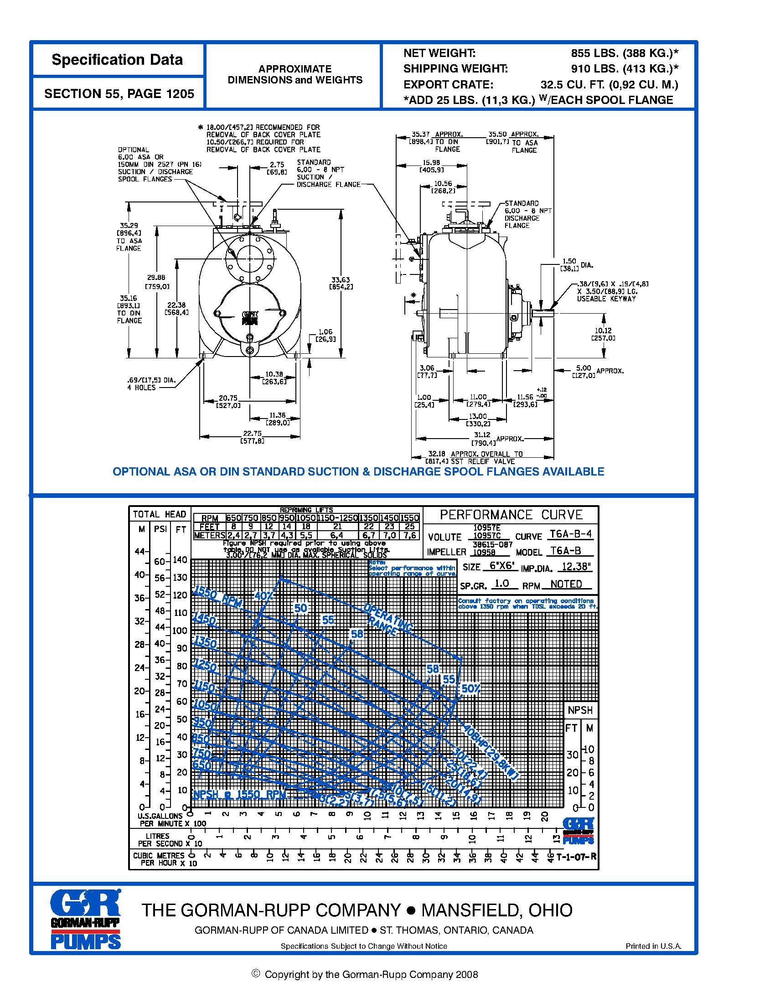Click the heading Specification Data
[x=117, y=60]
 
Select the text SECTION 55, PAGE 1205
[x=119, y=93]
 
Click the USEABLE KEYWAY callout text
[x=606, y=299]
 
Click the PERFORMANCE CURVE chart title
[x=511, y=515]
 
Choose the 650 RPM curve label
[x=201, y=765]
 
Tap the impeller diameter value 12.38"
[x=574, y=567]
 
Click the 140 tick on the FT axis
[x=180, y=560]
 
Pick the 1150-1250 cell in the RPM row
[x=337, y=518]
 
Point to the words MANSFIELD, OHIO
[x=497, y=910]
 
